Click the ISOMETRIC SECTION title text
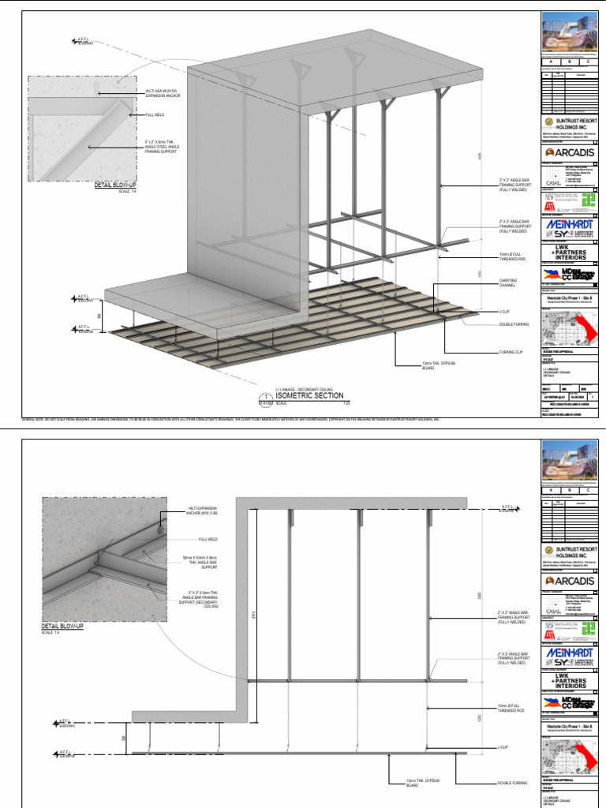309,395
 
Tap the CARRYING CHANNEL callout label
507,284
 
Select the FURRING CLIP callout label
511,351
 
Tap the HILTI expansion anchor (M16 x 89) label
203,511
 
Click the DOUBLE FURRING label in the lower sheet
511,784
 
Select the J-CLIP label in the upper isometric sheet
506,312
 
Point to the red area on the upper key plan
585,325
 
